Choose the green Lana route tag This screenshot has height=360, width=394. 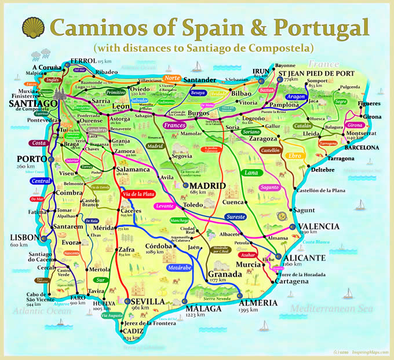pos(251,172)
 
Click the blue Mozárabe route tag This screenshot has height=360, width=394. pos(178,269)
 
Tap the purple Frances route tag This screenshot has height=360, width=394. pos(173,125)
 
